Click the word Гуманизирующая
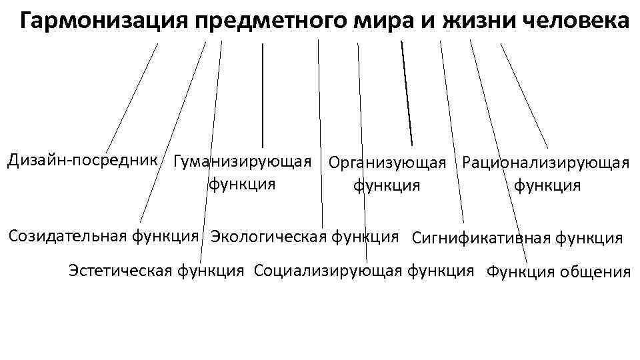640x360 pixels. click(242, 162)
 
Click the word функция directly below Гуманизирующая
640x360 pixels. click(242, 183)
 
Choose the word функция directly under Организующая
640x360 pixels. click(387, 185)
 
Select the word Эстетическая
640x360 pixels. click(122, 270)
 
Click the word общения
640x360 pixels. click(595, 272)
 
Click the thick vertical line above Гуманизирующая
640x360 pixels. click(263, 93)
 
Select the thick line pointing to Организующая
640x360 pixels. click(406, 93)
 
